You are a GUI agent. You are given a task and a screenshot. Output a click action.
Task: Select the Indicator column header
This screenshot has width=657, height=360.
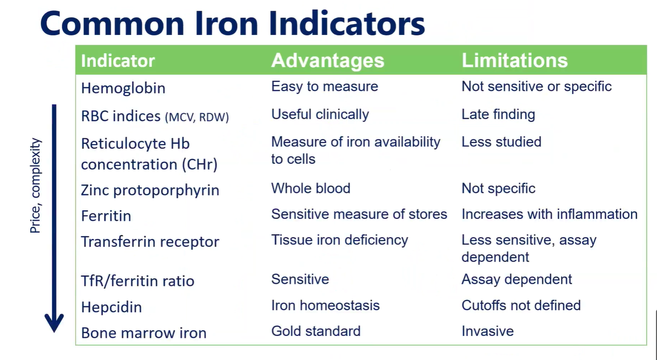(x=118, y=61)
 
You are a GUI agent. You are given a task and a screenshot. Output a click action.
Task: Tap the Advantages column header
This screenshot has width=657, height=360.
(x=328, y=60)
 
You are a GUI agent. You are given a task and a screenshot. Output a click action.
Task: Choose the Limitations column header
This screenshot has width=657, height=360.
(x=514, y=60)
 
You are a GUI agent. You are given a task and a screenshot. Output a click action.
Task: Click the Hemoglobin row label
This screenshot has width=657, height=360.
(x=123, y=89)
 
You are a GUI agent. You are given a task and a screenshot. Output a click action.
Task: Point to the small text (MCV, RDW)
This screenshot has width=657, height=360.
(x=197, y=117)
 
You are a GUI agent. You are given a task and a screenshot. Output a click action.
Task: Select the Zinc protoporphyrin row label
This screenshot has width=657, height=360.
(x=150, y=190)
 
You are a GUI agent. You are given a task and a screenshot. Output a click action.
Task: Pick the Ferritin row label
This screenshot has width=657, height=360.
(x=106, y=216)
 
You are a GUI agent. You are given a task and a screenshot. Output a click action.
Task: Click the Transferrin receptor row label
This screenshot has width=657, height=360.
(x=150, y=242)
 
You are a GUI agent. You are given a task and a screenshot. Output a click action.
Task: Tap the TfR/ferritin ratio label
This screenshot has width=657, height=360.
(x=138, y=281)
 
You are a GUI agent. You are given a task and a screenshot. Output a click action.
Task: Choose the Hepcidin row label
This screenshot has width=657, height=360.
(x=111, y=307)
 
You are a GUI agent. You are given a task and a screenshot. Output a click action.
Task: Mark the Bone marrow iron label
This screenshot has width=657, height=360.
(x=144, y=333)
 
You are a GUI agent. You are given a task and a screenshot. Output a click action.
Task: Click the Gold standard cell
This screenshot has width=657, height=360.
(x=316, y=331)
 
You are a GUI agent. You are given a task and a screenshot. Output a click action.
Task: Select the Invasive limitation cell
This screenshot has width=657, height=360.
(x=487, y=331)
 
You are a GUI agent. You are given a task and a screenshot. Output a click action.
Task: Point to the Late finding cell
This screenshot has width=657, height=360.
(x=498, y=115)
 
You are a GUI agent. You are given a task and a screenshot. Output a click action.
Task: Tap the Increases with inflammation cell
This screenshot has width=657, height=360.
(x=549, y=214)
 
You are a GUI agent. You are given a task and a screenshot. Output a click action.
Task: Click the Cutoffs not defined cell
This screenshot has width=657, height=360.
(x=521, y=305)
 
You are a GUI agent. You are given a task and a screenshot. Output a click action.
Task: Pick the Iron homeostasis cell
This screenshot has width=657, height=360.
(x=326, y=305)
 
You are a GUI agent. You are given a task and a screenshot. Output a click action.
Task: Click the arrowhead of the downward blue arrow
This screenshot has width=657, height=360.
(x=54, y=323)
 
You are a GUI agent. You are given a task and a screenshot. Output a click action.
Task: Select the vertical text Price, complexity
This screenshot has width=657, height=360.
(x=35, y=185)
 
